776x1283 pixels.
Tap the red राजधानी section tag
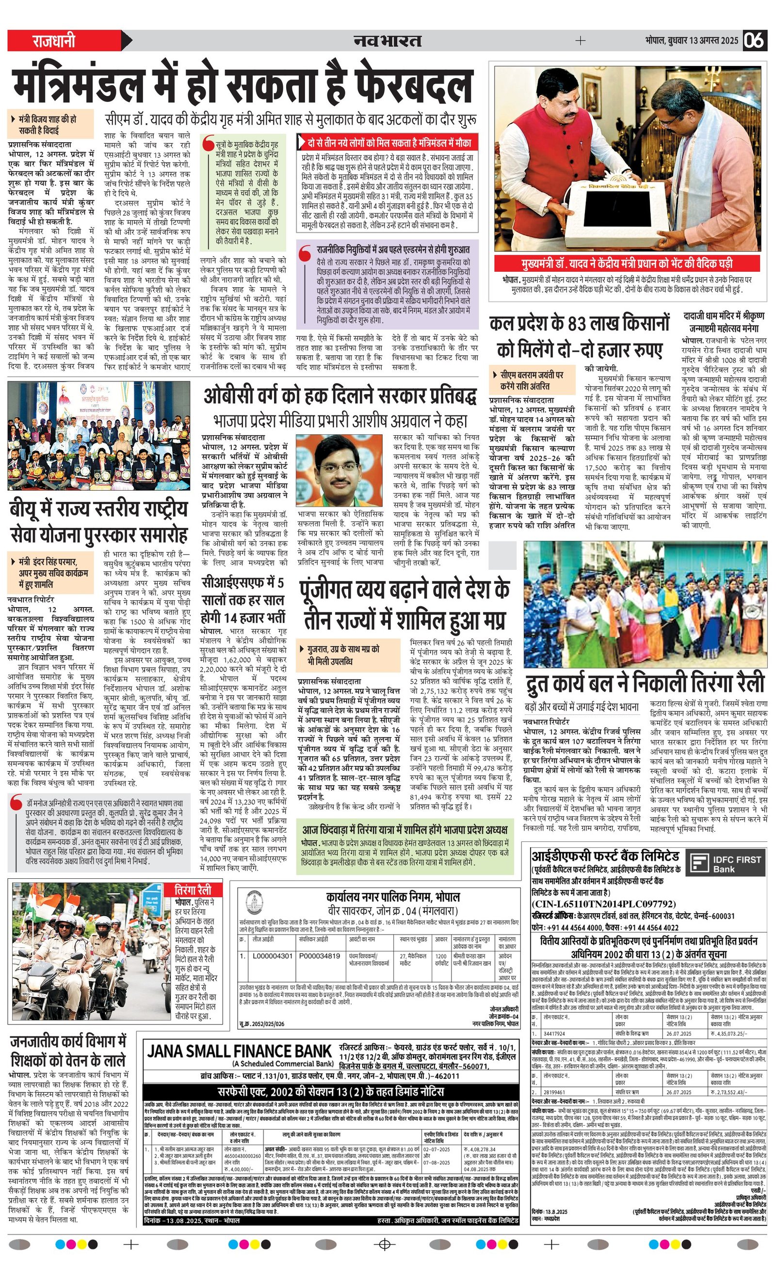55,41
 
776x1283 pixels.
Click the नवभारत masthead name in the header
387,40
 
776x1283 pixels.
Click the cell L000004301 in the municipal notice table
272,956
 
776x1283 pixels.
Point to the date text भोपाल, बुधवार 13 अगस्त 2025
691,41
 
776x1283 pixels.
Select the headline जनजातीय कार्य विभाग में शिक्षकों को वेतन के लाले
68,1050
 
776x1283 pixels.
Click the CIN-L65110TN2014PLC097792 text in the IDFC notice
603,904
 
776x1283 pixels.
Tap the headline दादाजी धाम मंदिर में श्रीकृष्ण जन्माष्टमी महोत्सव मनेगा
724,322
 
